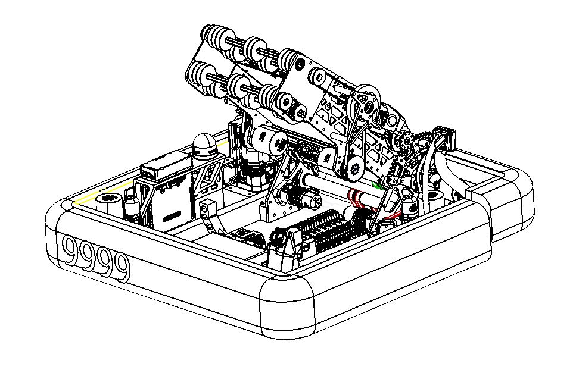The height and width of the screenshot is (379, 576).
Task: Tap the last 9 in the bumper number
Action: coord(120,268)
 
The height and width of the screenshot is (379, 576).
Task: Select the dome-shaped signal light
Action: coord(205,146)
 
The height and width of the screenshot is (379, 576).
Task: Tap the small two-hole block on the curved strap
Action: coord(207,208)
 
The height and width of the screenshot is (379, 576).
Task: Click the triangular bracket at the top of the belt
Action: coord(366,101)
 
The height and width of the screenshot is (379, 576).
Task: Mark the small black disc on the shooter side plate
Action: coord(300,64)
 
